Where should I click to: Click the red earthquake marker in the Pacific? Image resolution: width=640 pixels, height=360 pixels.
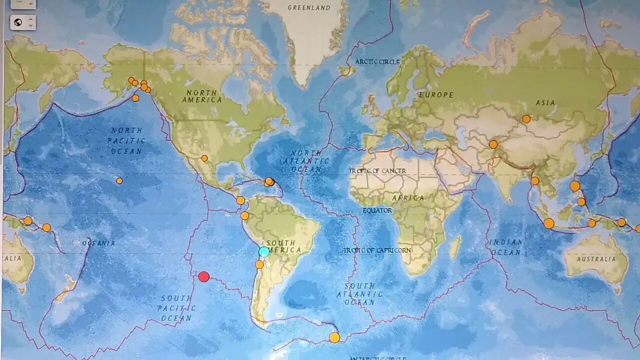click(203, 276)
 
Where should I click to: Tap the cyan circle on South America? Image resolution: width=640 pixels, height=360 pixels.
click(264, 251)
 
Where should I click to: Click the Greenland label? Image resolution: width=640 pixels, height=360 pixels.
click(309, 8)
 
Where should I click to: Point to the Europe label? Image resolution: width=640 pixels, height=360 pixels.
click(436, 95)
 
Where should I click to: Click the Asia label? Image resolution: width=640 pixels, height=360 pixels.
click(545, 103)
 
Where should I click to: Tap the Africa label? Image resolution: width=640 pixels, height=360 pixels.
click(408, 198)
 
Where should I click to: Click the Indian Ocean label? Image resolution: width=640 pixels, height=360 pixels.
click(506, 247)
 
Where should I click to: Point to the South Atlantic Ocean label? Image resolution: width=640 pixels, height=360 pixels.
click(359, 294)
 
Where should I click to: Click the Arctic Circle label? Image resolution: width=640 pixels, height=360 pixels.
click(377, 62)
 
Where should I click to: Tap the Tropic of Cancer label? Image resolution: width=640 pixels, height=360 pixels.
click(377, 171)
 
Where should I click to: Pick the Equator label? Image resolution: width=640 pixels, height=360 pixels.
click(377, 210)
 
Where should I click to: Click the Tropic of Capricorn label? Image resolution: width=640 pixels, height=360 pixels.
click(377, 250)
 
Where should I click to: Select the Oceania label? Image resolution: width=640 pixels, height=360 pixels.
click(98, 243)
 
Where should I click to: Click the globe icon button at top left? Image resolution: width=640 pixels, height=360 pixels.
click(18, 22)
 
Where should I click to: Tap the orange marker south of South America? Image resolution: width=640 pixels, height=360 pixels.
click(334, 337)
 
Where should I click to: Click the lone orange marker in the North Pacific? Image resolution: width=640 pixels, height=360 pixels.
click(119, 180)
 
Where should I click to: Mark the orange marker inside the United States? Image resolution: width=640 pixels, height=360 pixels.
click(204, 158)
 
